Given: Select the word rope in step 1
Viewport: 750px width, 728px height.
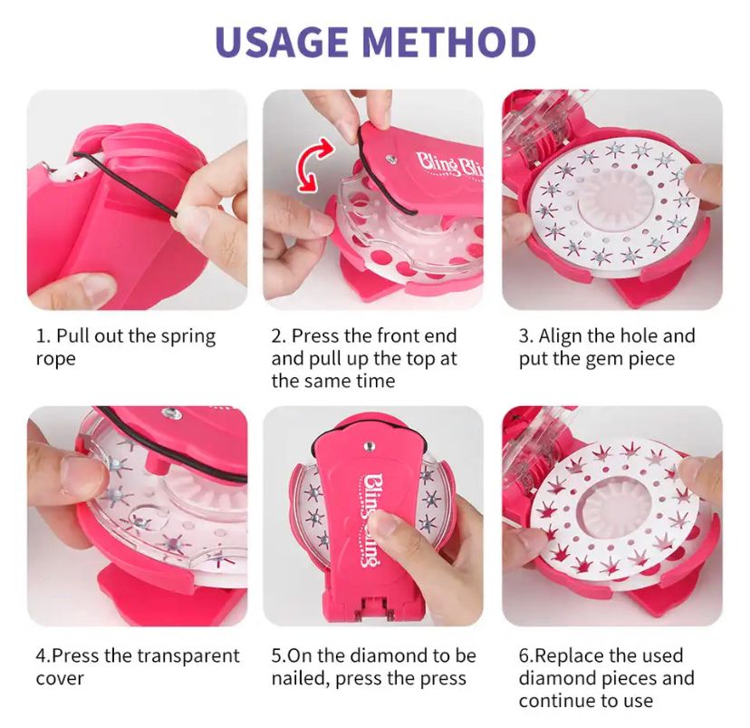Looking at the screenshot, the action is (56, 359).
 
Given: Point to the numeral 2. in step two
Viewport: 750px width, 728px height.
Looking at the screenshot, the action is (278, 336).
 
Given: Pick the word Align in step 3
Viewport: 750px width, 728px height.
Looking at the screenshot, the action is (561, 337).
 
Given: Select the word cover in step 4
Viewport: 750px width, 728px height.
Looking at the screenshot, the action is (60, 679).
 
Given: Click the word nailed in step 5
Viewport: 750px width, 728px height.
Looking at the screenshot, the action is (301, 679).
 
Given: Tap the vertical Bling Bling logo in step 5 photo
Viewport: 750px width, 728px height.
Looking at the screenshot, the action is (373, 520).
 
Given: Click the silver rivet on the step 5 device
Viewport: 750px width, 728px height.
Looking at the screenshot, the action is (369, 447).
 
